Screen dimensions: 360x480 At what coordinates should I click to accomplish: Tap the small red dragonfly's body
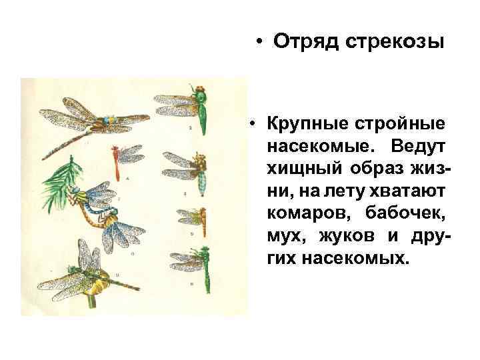click(x=117, y=166)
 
